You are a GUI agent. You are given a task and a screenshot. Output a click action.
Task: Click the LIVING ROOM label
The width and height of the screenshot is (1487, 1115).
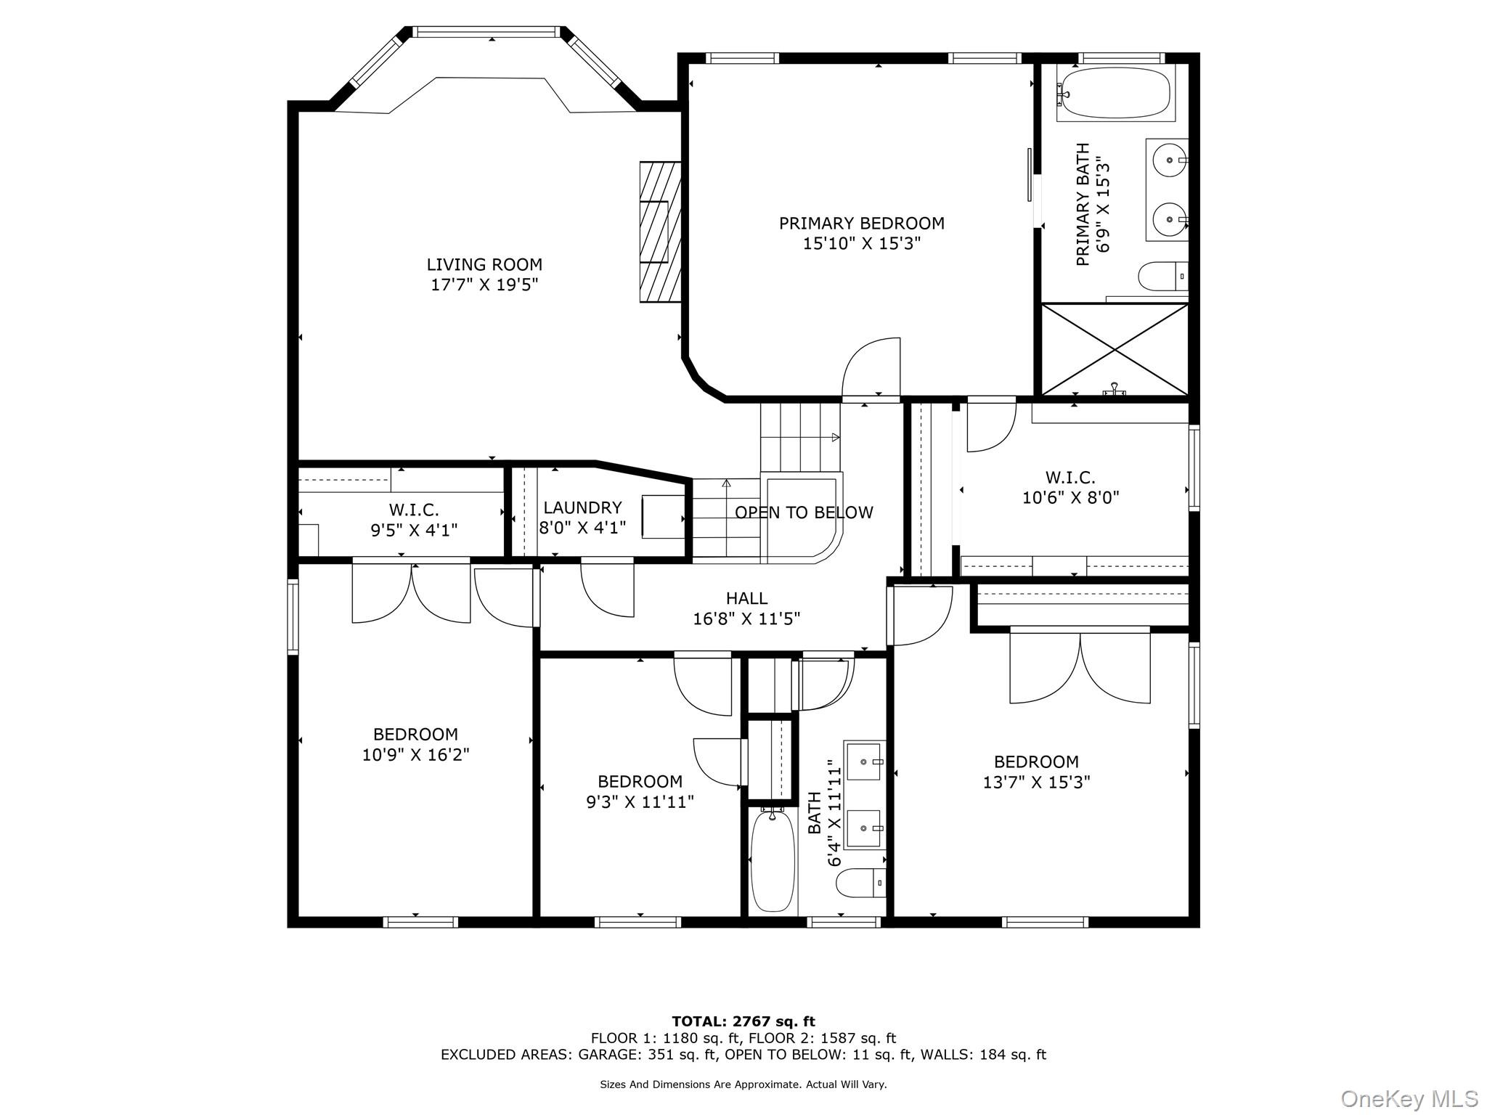coord(484,265)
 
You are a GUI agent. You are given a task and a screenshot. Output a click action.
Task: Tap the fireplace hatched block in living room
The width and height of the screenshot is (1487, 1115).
coord(660,232)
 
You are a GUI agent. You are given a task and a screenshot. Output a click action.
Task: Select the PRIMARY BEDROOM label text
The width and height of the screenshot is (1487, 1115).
coord(861,224)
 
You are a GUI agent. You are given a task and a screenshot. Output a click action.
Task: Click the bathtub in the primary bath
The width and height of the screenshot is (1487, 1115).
coord(1115,94)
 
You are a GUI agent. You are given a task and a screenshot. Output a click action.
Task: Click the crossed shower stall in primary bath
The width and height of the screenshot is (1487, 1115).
coord(1115,350)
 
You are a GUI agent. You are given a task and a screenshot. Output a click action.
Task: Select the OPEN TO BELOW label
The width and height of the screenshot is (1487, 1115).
coord(804,513)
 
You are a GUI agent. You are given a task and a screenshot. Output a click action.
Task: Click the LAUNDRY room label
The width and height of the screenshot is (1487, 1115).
coord(582,508)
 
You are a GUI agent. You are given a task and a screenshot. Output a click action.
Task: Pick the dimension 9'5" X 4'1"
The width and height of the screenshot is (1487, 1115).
coord(414,531)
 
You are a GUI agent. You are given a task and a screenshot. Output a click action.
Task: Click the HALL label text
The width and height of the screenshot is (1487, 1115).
coord(746,599)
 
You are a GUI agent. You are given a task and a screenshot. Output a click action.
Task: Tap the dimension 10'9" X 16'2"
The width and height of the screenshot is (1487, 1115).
coord(415,755)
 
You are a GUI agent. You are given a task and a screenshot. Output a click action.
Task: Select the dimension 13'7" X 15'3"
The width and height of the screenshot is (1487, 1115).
coord(1036,783)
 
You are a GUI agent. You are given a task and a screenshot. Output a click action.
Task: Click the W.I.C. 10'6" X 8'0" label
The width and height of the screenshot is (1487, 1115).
coord(1070,488)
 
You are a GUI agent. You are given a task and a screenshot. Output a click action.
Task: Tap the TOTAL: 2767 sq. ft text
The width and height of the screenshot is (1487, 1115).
coord(743,1022)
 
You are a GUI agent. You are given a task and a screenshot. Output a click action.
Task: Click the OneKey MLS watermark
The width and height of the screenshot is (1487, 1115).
coord(1409,1099)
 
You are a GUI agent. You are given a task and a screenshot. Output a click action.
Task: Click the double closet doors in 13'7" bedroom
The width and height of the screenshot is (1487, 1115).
coord(1080,668)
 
